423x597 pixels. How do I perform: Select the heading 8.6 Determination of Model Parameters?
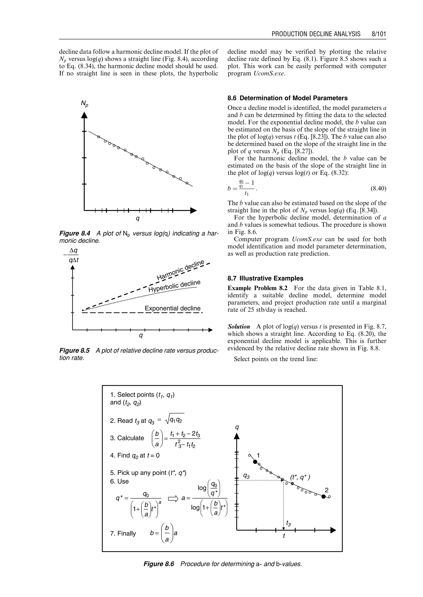coord(287,98)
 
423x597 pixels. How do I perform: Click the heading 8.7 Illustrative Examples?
coord(265,278)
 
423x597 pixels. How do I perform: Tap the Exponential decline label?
coord(172,308)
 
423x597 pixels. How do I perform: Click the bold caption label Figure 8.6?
coord(159,564)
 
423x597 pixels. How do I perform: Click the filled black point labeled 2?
coord(323,496)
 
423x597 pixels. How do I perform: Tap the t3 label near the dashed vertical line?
coord(288,523)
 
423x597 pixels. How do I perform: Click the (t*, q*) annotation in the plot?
coord(300,477)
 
